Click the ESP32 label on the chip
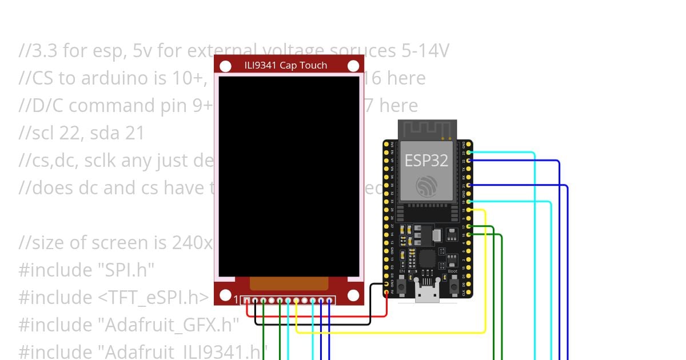(426, 160)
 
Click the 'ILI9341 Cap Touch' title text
(289, 65)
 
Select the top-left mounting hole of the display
(226, 66)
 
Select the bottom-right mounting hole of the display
(353, 295)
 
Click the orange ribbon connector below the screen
(289, 284)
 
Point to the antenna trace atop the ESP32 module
(427, 130)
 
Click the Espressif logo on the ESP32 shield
(426, 186)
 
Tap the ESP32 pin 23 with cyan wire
(469, 153)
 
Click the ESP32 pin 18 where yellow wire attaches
(469, 210)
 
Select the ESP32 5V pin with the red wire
(387, 292)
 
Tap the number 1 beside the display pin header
(237, 300)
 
